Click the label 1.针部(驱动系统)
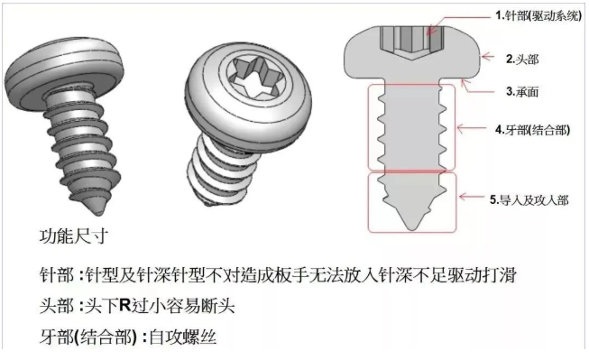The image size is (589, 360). pyautogui.click(x=538, y=15)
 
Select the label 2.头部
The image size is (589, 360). pyautogui.click(x=522, y=59)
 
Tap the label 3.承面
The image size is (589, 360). pyautogui.click(x=522, y=91)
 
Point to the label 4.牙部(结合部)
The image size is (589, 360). pyautogui.click(x=533, y=130)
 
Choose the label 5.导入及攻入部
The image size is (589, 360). pyautogui.click(x=529, y=200)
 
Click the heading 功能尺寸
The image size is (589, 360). pyautogui.click(x=74, y=236)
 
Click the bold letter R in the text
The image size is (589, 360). pyautogui.click(x=124, y=306)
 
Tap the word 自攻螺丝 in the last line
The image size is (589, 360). pyautogui.click(x=183, y=337)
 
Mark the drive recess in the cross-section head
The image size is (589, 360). pyautogui.click(x=411, y=42)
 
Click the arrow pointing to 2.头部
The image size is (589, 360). pyautogui.click(x=488, y=57)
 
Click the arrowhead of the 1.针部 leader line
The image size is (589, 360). pyautogui.click(x=431, y=31)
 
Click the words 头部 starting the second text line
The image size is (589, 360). pyautogui.click(x=56, y=306)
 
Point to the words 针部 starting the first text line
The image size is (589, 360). pyautogui.click(x=56, y=275)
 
